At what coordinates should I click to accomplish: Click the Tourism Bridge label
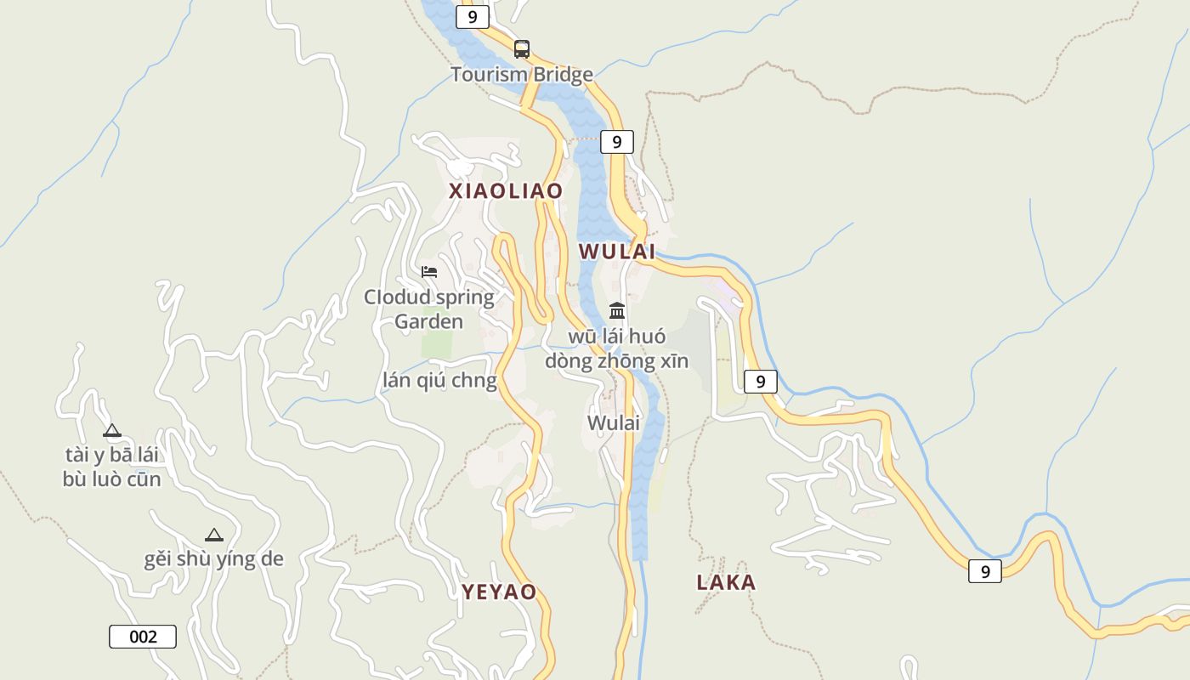[x=522, y=75]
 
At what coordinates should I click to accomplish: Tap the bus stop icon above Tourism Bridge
[x=522, y=49]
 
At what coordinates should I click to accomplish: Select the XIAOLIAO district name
[x=506, y=191]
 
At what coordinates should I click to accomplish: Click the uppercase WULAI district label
[x=617, y=252]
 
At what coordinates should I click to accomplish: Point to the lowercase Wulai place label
[x=613, y=422]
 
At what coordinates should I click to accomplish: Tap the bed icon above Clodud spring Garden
[x=429, y=272]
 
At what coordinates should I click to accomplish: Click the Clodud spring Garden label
[x=429, y=309]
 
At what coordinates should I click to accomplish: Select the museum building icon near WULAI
[x=617, y=310]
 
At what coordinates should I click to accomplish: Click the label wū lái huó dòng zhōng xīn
[x=616, y=348]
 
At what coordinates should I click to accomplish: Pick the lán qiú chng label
[x=439, y=380]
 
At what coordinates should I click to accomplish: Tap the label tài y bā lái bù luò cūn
[x=111, y=467]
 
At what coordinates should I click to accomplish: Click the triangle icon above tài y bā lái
[x=111, y=430]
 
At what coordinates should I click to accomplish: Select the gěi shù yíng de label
[x=213, y=558]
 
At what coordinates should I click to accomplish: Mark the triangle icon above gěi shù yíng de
[x=213, y=535]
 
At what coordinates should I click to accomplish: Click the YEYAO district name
[x=499, y=592]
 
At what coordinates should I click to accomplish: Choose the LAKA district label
[x=726, y=582]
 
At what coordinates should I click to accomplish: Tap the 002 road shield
[x=143, y=637]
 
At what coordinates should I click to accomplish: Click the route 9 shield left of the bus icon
[x=472, y=16]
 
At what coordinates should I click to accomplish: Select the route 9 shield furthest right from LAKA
[x=984, y=571]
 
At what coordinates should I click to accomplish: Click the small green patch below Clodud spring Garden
[x=437, y=344]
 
